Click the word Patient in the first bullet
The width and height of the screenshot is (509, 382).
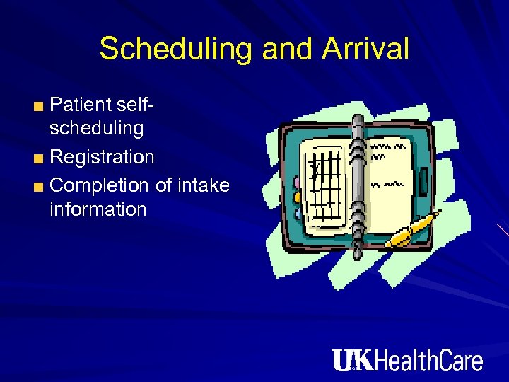click(82, 105)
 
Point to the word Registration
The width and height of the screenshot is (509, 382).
click(103, 157)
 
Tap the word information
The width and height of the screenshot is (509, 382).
click(98, 209)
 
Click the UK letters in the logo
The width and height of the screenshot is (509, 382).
click(352, 360)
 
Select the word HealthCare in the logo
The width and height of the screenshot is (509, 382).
click(428, 360)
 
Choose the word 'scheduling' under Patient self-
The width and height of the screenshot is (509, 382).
click(97, 129)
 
